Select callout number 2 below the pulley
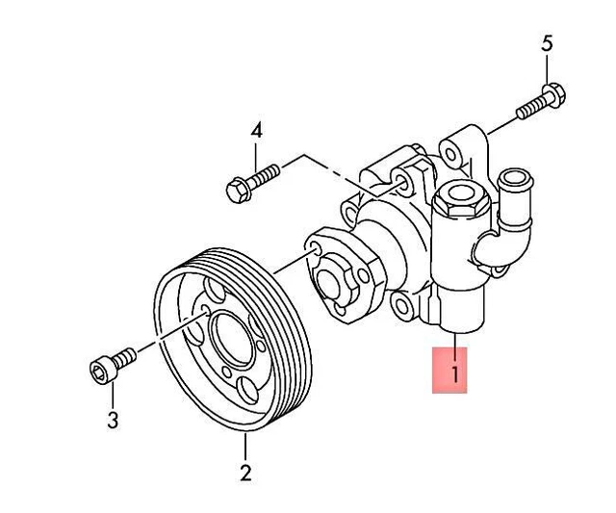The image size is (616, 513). tap(245, 473)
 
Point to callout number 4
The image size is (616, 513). tap(256, 130)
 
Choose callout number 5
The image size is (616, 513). tap(547, 43)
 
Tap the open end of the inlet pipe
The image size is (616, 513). tap(515, 178)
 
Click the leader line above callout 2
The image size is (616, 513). tap(245, 448)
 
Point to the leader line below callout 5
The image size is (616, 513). tap(547, 69)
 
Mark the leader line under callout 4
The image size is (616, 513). tap(256, 154)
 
